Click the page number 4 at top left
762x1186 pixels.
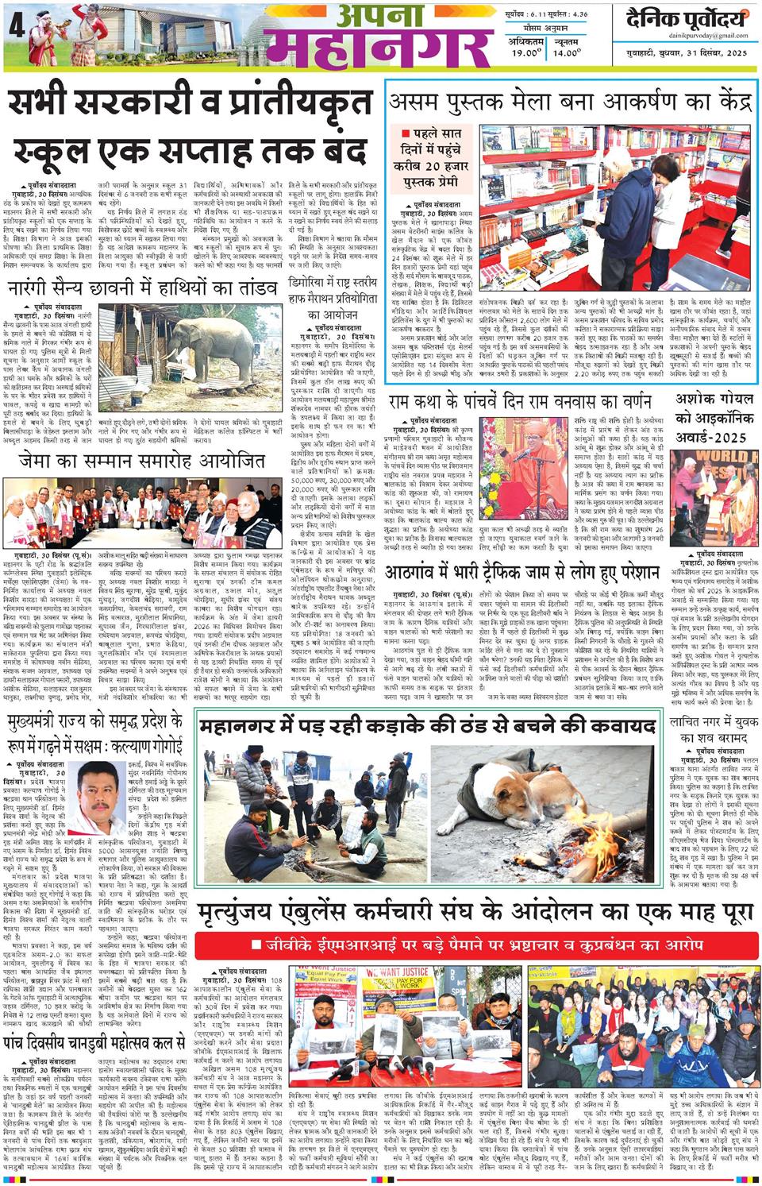pos(12,22)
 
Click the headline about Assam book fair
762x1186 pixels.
pos(568,102)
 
